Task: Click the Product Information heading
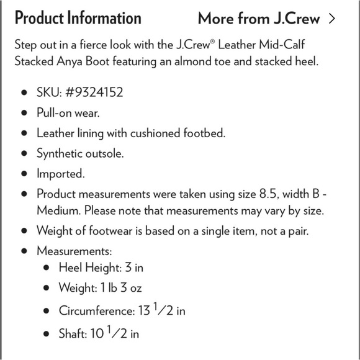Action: coord(78,18)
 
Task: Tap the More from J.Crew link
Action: coord(259,18)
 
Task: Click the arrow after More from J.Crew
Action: coord(333,18)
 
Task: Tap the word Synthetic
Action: coord(61,153)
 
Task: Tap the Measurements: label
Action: coord(74,251)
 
